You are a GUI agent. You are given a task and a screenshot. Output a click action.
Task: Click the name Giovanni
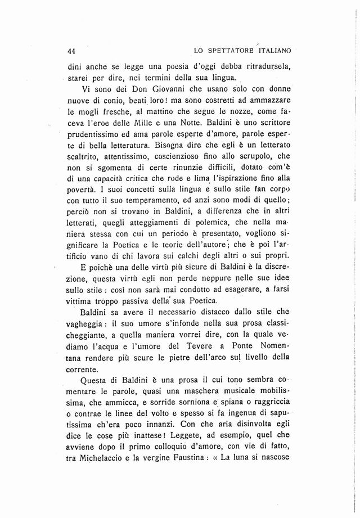pyautogui.click(x=146, y=91)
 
